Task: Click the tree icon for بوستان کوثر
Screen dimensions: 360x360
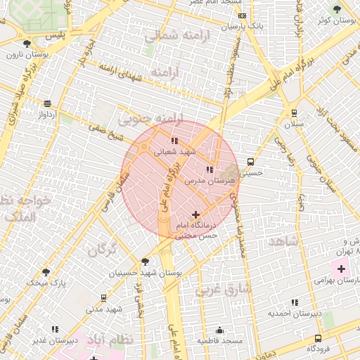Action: (337, 9)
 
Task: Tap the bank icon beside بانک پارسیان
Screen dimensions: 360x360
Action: (242, 15)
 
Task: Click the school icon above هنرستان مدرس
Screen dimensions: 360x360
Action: (209, 169)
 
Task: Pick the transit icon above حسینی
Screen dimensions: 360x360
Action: (250, 161)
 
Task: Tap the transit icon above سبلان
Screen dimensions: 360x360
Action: (293, 113)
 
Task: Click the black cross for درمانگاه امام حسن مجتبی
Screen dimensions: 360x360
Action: (195, 214)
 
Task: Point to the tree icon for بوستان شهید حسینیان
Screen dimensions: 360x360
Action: (146, 262)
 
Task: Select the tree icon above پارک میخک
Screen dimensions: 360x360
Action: (46, 271)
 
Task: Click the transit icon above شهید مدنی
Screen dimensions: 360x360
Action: (104, 298)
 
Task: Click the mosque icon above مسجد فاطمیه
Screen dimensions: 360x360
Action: (219, 330)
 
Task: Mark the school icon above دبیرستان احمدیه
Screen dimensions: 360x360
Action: (295, 301)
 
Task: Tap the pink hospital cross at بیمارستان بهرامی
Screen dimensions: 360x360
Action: (342, 269)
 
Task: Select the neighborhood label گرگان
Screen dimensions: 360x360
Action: (103, 248)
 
